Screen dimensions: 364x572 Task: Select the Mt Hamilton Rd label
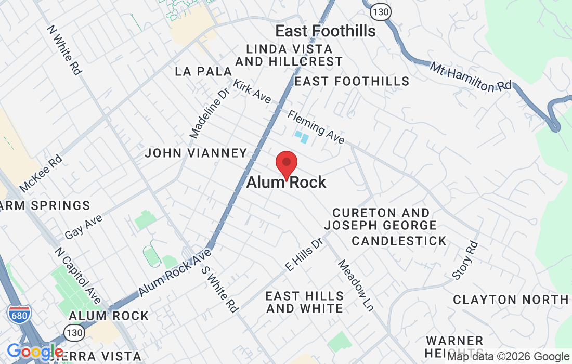(471, 77)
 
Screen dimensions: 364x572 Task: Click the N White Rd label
(64, 50)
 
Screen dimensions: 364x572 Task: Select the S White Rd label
(219, 289)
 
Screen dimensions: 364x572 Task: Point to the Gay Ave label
(83, 227)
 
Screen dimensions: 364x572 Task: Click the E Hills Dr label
(304, 255)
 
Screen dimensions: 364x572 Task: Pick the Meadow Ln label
(356, 285)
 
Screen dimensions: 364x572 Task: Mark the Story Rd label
(465, 259)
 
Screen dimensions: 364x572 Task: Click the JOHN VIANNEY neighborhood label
(196, 153)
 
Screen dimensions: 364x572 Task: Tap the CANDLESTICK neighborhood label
(399, 241)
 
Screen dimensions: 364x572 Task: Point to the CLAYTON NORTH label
(511, 300)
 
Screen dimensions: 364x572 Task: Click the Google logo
(35, 353)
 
